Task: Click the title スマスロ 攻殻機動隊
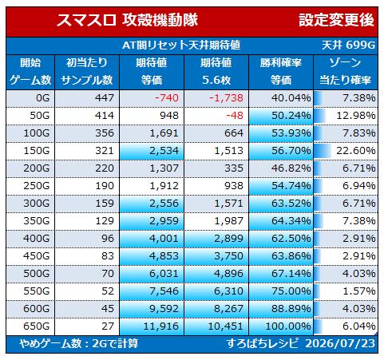tap(127, 20)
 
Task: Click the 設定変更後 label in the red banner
tap(336, 20)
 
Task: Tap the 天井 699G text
tap(348, 45)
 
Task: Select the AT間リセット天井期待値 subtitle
tap(181, 45)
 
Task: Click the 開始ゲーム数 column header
tap(30, 72)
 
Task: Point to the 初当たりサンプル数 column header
tap(87, 72)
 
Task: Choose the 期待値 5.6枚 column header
tap(216, 72)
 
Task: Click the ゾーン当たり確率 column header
tap(345, 72)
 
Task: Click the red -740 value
tap(166, 98)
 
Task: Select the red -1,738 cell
tap(226, 98)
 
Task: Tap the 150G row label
tap(37, 151)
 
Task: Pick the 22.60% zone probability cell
tap(356, 151)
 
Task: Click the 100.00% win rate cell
tap(288, 326)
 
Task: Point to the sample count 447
tap(105, 98)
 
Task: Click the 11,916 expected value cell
tap(160, 326)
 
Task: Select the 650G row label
tap(37, 326)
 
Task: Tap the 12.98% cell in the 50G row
tap(356, 116)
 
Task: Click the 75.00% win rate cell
tap(291, 291)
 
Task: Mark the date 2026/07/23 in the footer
tap(340, 343)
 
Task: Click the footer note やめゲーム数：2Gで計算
tap(79, 343)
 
